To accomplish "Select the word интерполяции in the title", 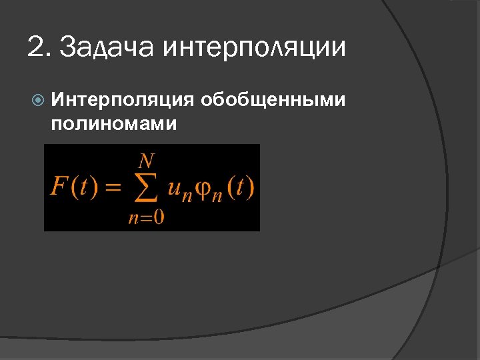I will click(254, 49).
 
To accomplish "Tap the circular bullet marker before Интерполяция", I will click(39, 101).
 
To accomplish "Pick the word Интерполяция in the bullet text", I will click(123, 101).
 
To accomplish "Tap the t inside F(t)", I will click(82, 187).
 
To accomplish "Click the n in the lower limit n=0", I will click(133, 219).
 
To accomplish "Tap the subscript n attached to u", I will click(187, 194).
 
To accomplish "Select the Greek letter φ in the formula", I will click(203, 189).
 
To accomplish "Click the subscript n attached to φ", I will click(217, 194).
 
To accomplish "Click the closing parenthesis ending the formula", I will click(251, 187).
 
